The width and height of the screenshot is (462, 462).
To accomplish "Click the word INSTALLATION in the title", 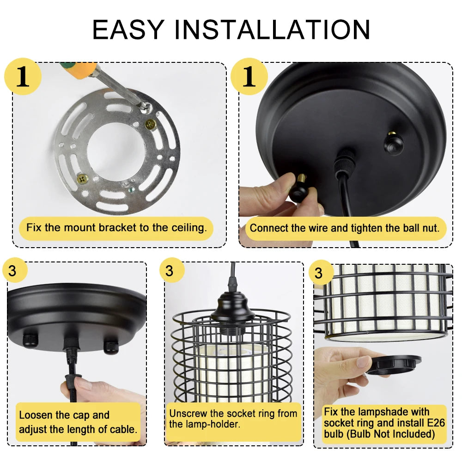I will click(x=272, y=30).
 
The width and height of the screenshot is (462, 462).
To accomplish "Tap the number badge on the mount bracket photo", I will click(x=23, y=77).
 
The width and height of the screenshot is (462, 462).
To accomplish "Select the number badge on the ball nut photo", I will click(x=249, y=77).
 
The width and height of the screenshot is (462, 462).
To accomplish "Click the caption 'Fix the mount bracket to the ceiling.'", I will click(x=116, y=228).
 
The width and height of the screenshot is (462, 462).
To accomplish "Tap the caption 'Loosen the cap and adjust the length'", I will click(x=78, y=422).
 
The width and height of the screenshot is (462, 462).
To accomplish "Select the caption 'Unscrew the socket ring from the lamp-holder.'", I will click(x=232, y=419).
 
